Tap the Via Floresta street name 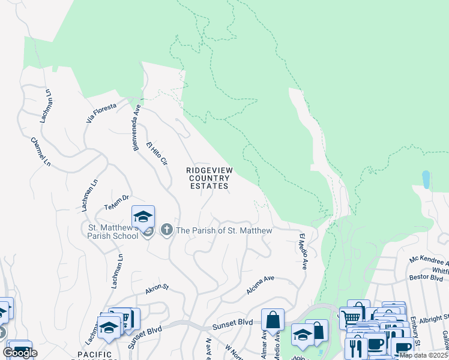click(100, 112)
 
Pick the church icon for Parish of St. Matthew click(166, 230)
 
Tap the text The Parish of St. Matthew click(224, 231)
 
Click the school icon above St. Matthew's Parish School click(143, 217)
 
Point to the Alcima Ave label click(260, 286)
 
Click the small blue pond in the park click(426, 179)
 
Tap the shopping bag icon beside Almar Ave click(273, 320)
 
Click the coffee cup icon click(376, 344)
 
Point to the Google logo click(20, 353)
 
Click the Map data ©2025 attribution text click(424, 355)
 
